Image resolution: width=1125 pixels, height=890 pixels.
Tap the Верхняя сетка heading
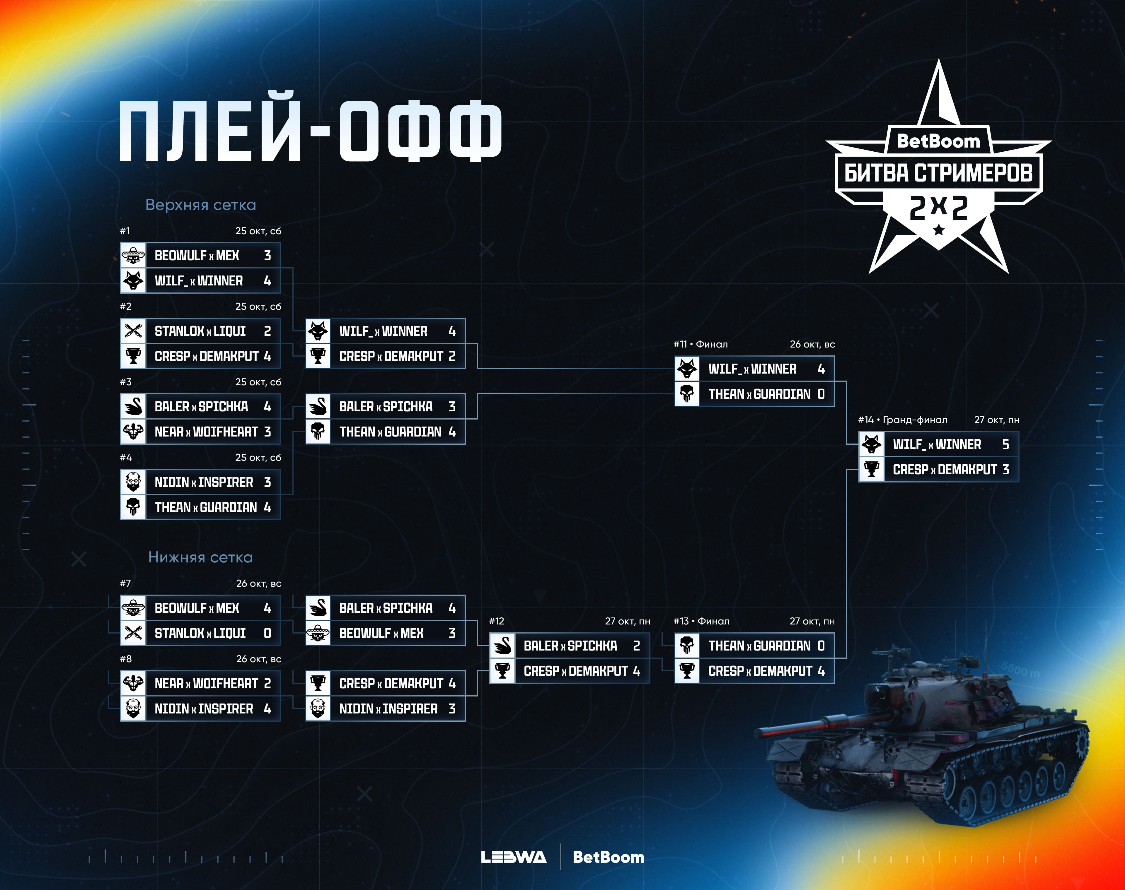pyautogui.click(x=201, y=205)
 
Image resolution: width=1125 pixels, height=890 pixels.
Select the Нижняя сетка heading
pyautogui.click(x=201, y=557)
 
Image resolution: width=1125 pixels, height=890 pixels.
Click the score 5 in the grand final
pyautogui.click(x=1005, y=444)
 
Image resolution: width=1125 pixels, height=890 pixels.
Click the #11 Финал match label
pyautogui.click(x=701, y=344)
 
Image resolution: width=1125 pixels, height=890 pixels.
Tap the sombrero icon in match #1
pyautogui.click(x=134, y=255)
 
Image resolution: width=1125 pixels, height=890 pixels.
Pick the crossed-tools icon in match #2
pyautogui.click(x=134, y=331)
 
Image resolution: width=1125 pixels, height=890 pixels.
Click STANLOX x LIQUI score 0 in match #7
pyautogui.click(x=267, y=633)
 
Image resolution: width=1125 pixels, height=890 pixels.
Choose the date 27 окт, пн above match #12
pyautogui.click(x=627, y=621)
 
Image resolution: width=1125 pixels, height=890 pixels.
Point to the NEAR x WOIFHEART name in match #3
pyautogui.click(x=206, y=432)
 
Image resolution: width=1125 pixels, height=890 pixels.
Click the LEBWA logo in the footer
pyautogui.click(x=514, y=857)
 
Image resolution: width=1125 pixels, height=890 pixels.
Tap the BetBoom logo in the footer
pyautogui.click(x=608, y=857)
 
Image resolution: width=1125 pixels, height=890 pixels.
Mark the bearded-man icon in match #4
pyautogui.click(x=134, y=482)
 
